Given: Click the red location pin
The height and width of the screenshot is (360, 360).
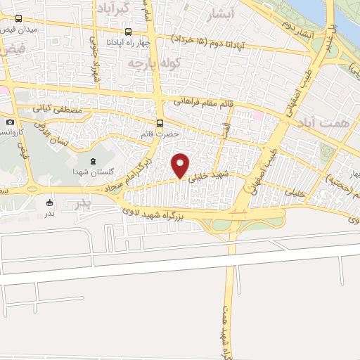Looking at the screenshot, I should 181,165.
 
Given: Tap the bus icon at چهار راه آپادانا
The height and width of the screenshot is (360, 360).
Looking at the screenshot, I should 127,32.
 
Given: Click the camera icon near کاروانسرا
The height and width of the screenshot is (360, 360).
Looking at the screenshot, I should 10,122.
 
